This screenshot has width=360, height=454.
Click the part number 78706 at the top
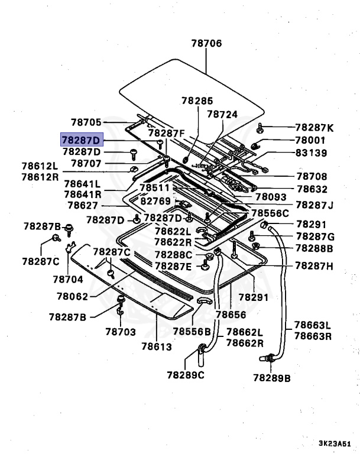pos(206,43)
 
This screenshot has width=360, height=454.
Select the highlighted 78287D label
pos(82,140)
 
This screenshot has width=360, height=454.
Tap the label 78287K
pos(314,128)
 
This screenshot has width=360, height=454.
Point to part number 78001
pos(310,140)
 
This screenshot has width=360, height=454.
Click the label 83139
pos(310,153)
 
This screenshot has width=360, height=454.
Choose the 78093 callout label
pos(271,197)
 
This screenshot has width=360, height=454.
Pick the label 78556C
pos(270,213)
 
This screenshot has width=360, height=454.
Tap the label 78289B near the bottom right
pos(272,377)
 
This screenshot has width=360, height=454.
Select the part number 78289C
pos(185,375)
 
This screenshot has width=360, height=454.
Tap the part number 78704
pos(68,278)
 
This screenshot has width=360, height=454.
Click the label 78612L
pos(40,166)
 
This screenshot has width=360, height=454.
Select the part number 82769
pos(155,201)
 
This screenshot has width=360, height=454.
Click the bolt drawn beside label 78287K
pos(261,128)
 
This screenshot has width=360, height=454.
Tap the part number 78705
pos(87,122)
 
